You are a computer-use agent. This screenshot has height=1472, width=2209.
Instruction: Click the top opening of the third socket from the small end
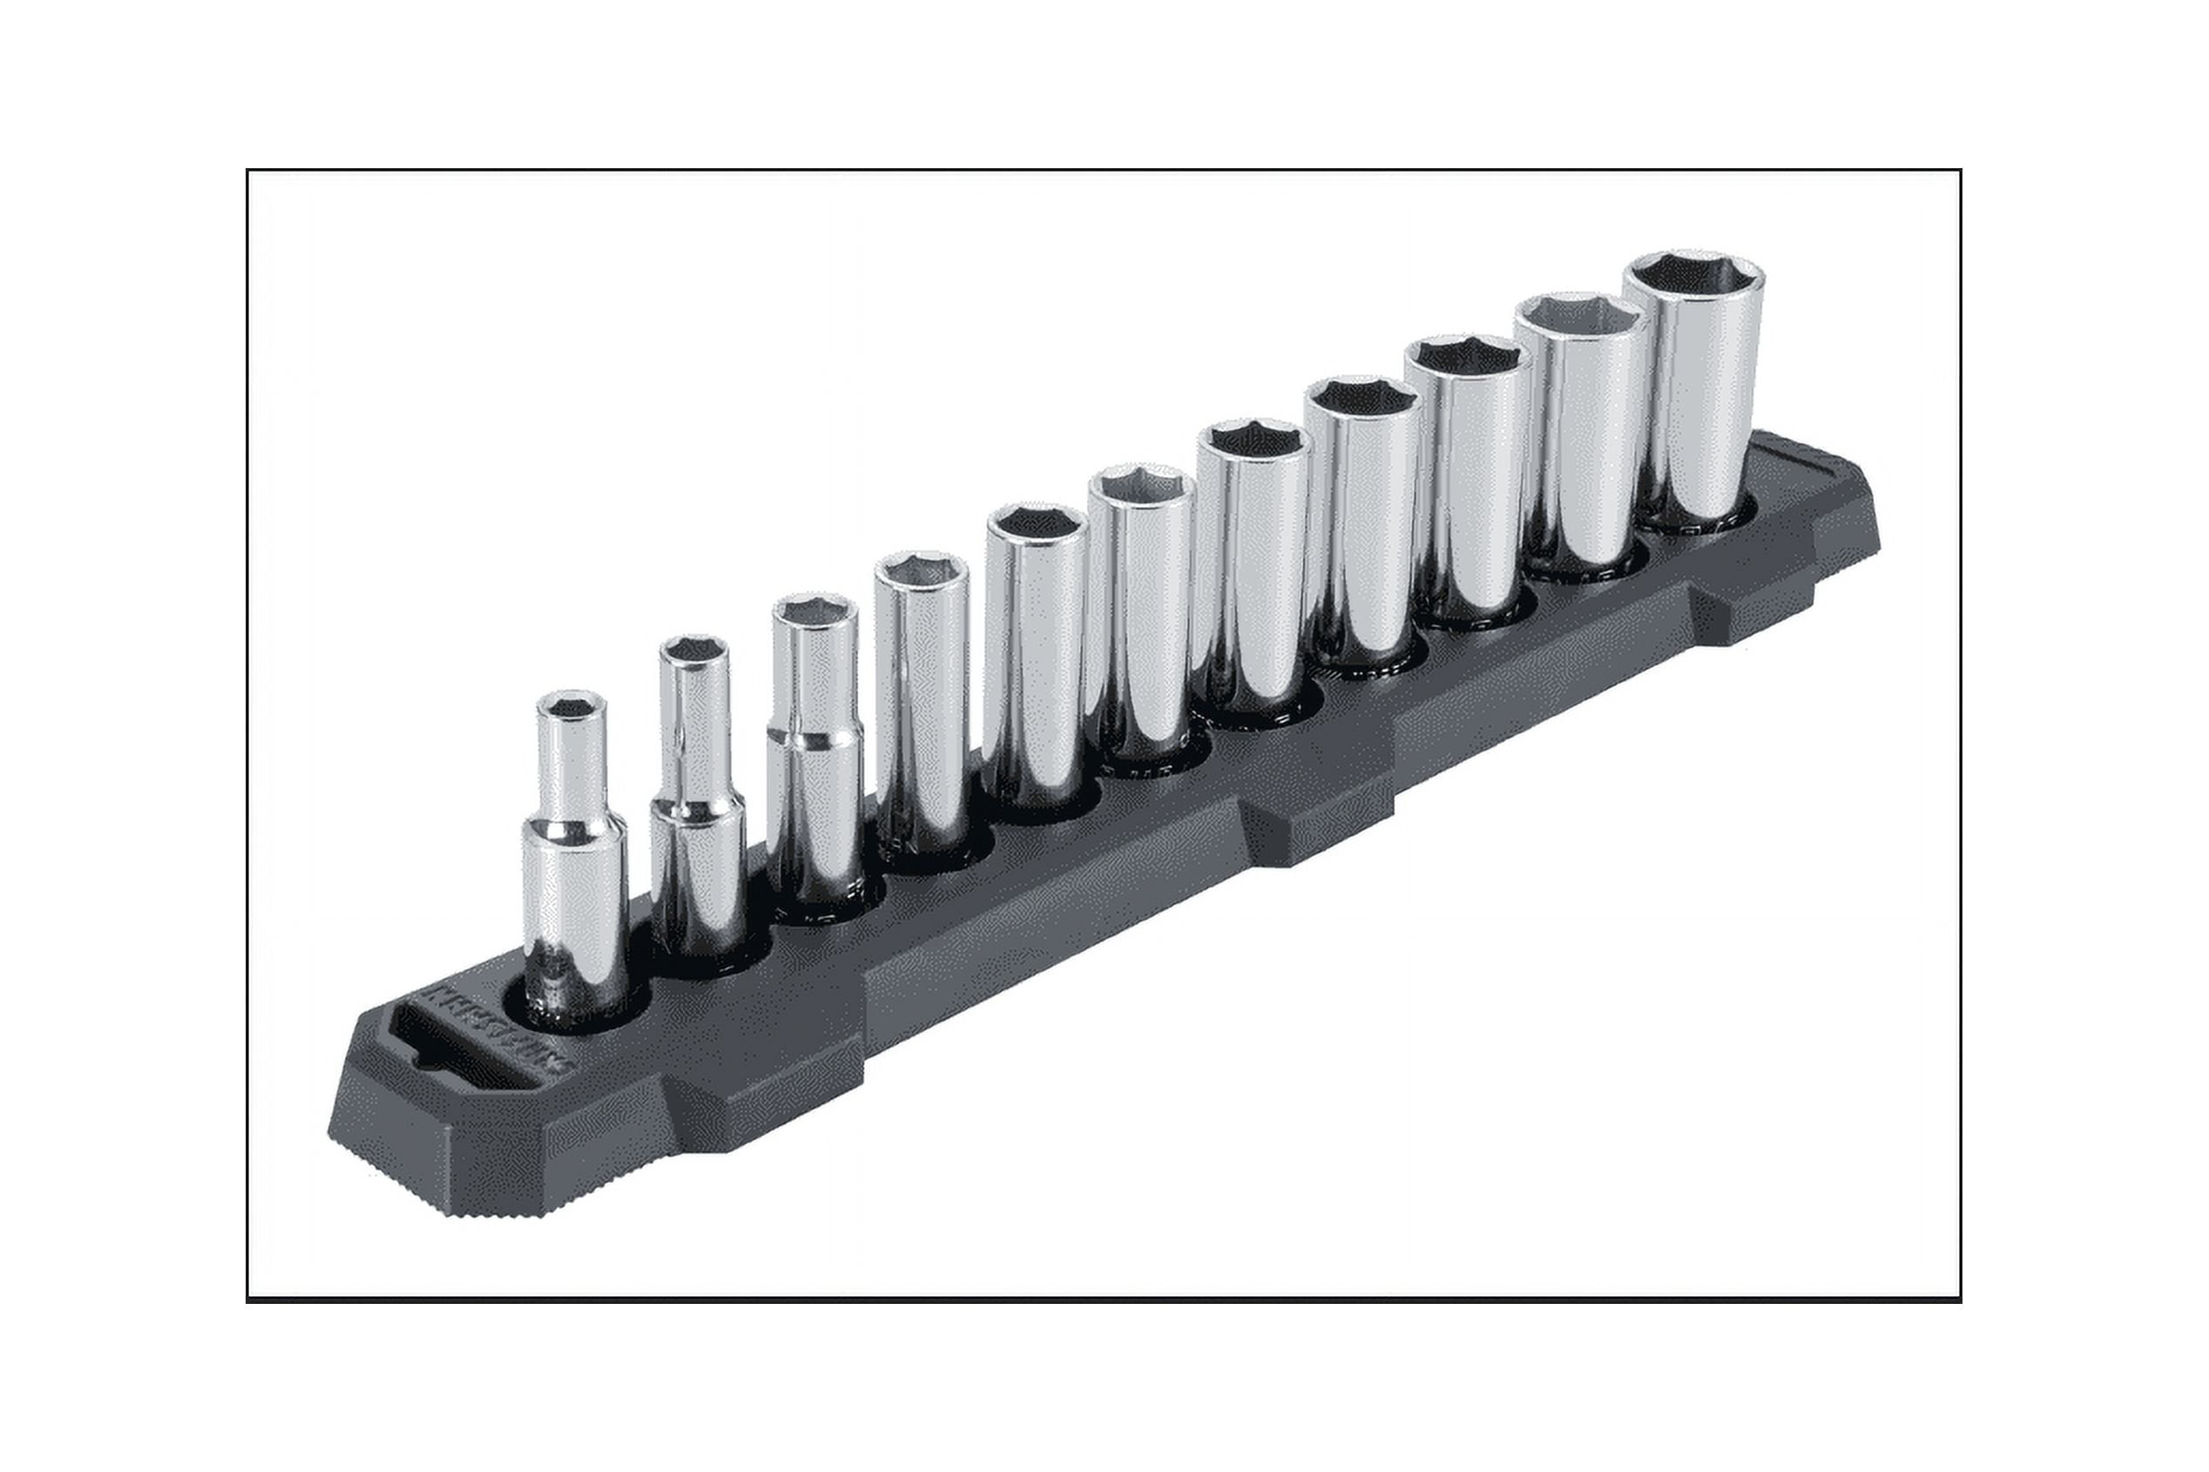pos(814,611)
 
